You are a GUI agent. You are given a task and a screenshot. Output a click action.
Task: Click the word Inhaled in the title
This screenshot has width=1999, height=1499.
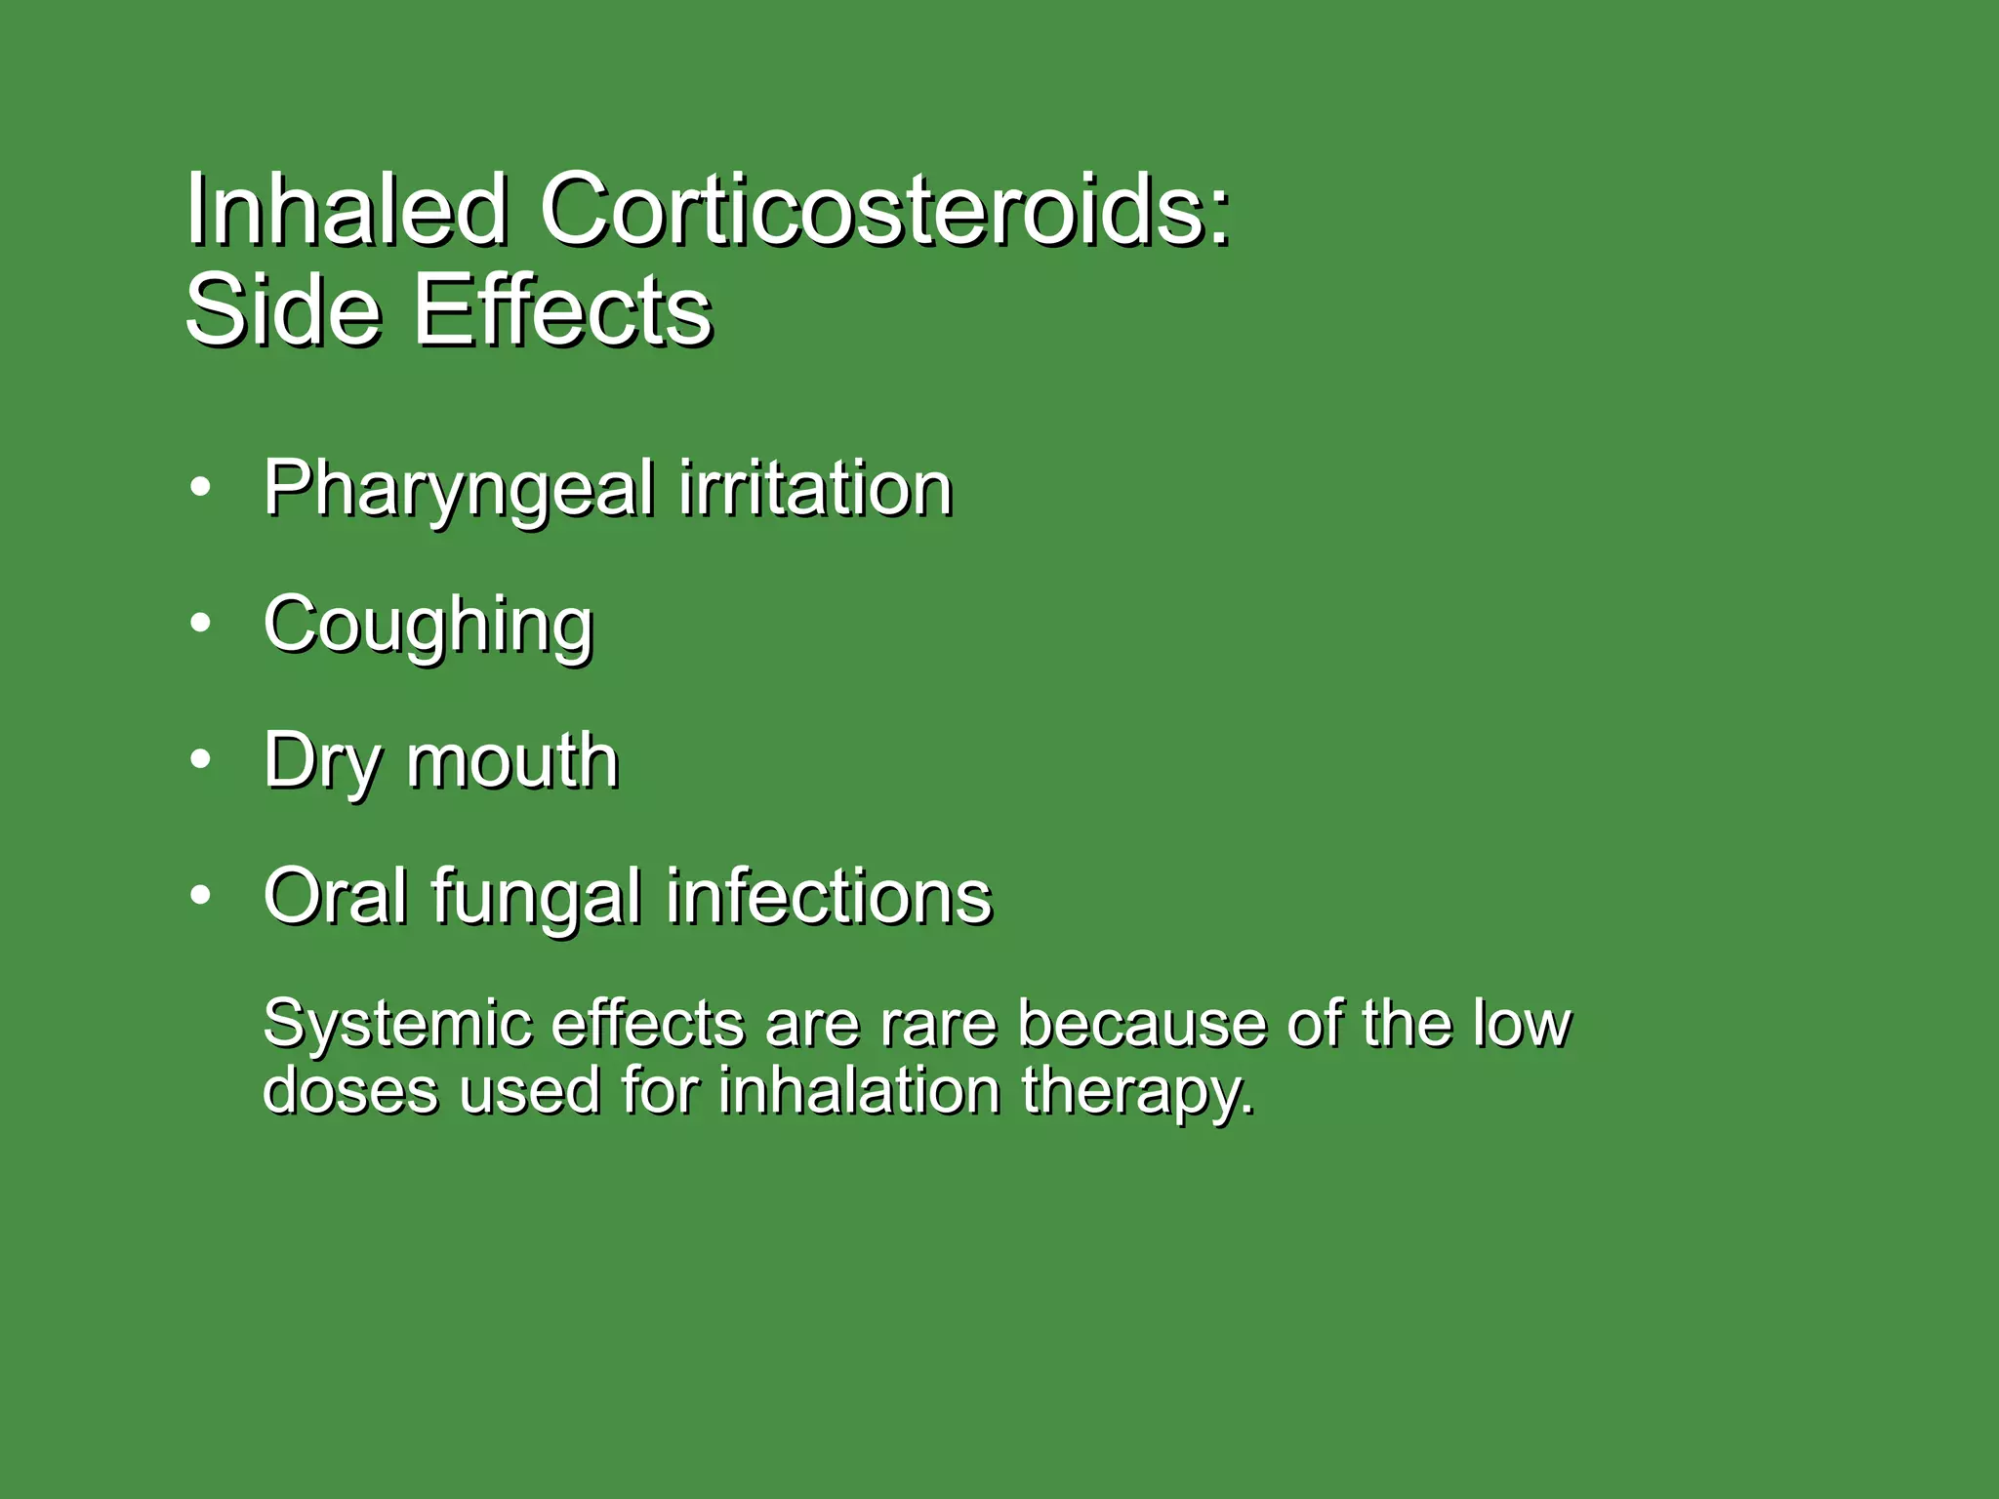pos(347,209)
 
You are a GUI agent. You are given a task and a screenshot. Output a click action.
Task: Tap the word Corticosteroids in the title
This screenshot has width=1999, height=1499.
pos(884,209)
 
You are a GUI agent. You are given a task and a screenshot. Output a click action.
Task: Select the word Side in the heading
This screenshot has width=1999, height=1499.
pos(282,310)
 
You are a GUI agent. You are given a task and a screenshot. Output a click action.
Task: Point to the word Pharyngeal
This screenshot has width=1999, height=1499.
pos(459,490)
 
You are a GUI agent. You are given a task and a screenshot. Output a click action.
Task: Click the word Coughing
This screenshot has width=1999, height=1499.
pos(428,626)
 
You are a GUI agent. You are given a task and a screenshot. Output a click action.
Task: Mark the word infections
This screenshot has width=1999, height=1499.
pos(829,896)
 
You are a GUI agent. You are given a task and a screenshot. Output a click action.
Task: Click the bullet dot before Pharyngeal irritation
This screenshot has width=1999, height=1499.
pos(200,487)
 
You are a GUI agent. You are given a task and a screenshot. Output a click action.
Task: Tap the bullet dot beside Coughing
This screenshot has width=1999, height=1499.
pos(200,624)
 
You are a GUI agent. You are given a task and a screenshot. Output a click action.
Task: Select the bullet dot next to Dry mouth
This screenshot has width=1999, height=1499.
pos(200,759)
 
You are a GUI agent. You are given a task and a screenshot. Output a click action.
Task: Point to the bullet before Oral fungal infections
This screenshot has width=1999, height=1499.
pos(200,895)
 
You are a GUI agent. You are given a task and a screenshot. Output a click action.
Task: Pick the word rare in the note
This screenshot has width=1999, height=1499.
pos(938,1025)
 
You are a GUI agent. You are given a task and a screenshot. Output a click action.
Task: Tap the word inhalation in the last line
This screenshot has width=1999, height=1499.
pos(860,1090)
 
